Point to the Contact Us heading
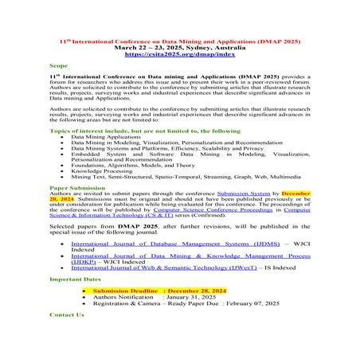(x=66, y=315)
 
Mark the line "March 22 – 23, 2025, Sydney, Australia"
(x=179, y=48)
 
